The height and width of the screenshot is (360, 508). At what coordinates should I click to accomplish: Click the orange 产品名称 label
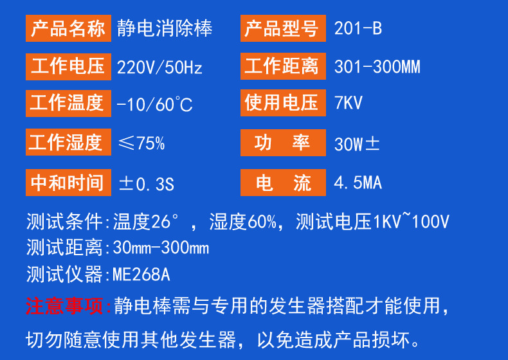68,28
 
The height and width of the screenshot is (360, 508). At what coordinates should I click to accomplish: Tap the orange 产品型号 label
281,28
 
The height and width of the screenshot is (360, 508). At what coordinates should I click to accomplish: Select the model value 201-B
358,29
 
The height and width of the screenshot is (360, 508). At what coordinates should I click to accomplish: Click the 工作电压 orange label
68,66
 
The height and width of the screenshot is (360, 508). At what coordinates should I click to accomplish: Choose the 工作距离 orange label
281,66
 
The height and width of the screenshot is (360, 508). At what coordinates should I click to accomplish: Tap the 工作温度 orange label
68,104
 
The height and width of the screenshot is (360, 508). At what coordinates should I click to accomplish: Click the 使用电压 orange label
281,104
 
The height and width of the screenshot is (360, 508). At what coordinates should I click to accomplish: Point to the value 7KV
349,104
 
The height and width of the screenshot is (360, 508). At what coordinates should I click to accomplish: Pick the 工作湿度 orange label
68,142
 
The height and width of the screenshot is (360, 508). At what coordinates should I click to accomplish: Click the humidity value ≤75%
141,143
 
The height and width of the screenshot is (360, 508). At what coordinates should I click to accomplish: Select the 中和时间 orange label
68,183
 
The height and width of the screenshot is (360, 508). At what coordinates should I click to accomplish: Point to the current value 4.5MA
358,183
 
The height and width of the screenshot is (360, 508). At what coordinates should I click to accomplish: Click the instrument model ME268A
141,275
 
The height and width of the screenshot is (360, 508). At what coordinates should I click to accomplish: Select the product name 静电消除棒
165,29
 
